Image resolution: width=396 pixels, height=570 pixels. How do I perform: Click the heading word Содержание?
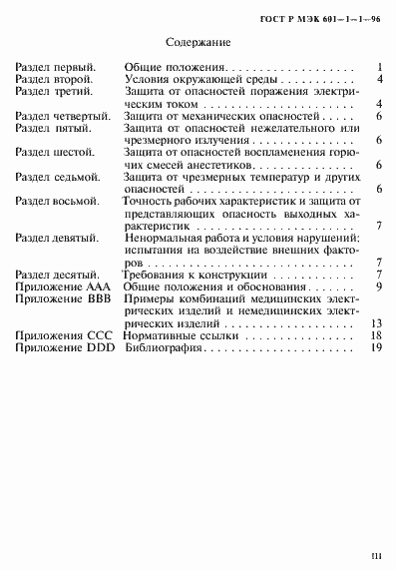coord(198,44)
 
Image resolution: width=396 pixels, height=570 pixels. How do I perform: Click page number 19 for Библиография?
coord(377,348)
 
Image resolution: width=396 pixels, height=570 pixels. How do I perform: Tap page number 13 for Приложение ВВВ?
coord(377,323)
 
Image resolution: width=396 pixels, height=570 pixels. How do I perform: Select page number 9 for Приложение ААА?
coord(380,286)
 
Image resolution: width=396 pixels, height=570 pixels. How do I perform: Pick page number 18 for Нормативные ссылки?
coord(377,336)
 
